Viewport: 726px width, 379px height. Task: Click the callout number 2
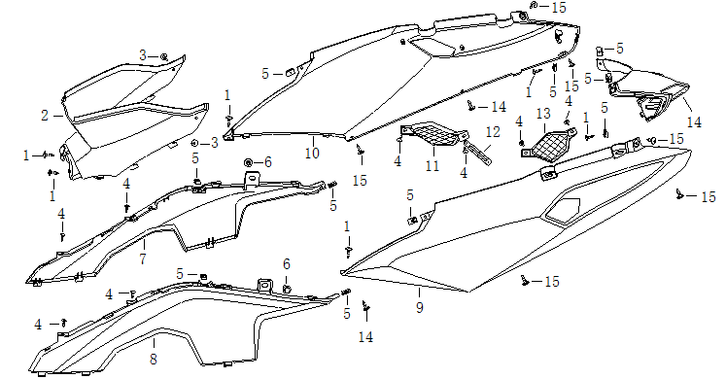(x=45, y=115)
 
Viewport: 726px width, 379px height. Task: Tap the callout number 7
(x=143, y=258)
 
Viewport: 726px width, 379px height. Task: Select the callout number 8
(x=154, y=359)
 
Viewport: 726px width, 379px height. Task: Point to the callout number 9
(x=420, y=307)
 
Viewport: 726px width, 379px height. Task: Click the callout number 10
(x=313, y=153)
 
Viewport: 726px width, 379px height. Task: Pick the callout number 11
(x=432, y=165)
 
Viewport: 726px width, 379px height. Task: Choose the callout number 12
(x=493, y=132)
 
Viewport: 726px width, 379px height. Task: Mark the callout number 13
(x=543, y=114)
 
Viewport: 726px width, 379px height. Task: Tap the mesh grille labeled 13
(x=549, y=144)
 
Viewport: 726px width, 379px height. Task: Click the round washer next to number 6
(x=248, y=162)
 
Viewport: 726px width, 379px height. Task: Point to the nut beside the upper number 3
(x=164, y=57)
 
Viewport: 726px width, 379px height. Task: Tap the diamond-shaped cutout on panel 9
(x=563, y=212)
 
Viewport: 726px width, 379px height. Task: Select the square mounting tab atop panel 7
(x=252, y=178)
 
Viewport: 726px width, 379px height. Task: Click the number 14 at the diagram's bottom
(x=365, y=337)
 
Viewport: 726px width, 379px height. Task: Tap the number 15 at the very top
(x=559, y=8)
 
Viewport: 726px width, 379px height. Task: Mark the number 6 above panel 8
(x=287, y=263)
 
